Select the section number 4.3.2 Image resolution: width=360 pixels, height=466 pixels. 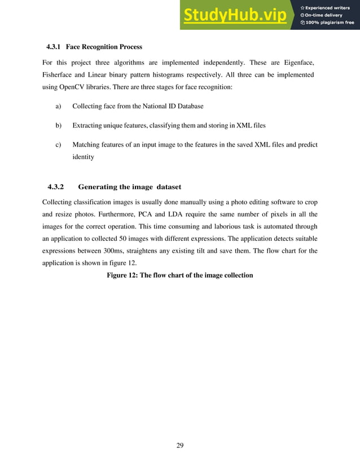tap(56, 187)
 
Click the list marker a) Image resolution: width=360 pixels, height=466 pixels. tap(58, 106)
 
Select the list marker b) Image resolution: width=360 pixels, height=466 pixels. tap(58, 125)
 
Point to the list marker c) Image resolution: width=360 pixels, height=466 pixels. tap(58, 145)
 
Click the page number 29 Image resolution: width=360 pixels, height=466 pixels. tap(180, 446)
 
